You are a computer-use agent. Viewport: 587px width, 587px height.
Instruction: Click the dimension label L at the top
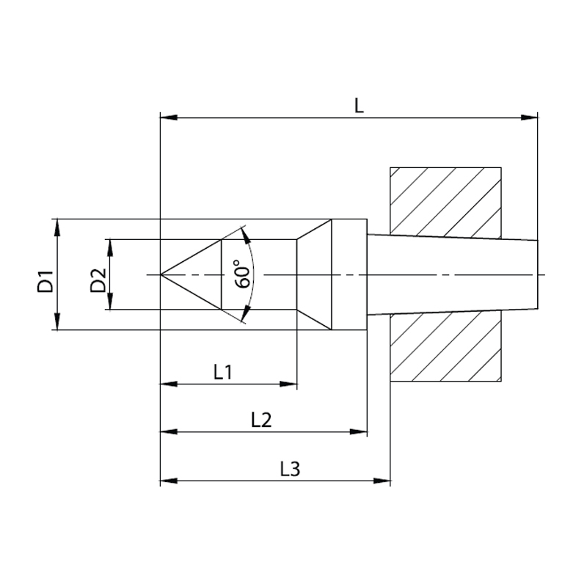(358, 106)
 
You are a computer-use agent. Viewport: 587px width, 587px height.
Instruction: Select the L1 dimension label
(223, 372)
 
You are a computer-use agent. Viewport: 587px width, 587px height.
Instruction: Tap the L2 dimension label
(261, 420)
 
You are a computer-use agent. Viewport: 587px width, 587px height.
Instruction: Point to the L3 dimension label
(291, 469)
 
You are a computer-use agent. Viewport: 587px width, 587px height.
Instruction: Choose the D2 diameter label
(98, 281)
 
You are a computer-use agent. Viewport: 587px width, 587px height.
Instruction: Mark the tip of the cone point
(161, 274)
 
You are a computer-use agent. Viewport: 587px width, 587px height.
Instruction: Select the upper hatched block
(445, 201)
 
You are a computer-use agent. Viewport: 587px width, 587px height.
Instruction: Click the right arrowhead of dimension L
(531, 117)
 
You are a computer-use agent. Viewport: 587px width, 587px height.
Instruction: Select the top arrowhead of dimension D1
(57, 226)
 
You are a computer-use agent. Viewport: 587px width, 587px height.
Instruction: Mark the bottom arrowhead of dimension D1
(57, 323)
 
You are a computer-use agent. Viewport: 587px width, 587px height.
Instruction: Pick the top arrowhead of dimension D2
(110, 246)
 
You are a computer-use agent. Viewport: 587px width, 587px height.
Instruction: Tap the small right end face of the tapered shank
(538, 274)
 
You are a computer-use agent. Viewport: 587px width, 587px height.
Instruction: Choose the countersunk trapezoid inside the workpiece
(315, 274)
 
